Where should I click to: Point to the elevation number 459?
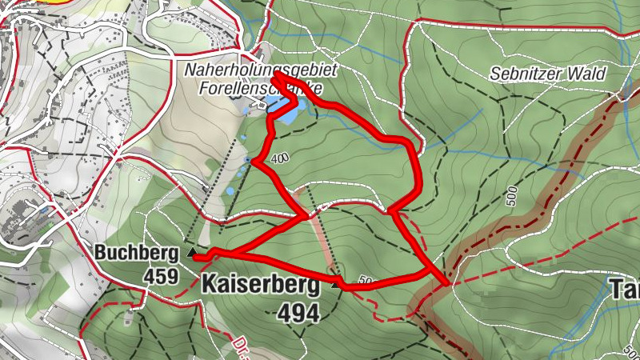point(160,275)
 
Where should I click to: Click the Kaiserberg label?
point(261,283)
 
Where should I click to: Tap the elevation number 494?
point(298,313)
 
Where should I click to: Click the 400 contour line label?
point(279,158)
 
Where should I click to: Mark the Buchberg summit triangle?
point(192,253)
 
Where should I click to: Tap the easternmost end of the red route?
point(445,282)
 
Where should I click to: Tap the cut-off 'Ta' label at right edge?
point(625,288)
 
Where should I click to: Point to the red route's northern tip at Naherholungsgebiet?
point(274,78)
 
